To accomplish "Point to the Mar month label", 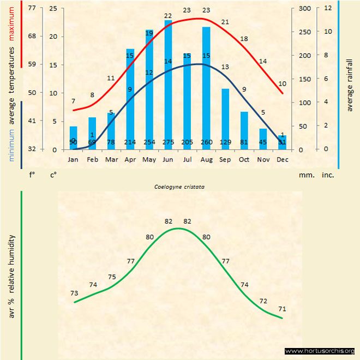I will point(111,159).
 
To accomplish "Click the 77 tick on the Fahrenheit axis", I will point(32,9).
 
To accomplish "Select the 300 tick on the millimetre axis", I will point(305,9).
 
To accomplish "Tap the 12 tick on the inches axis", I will point(328,9).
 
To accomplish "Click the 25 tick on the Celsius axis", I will point(53,9).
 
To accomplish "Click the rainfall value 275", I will point(168,142).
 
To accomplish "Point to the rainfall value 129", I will point(225,142).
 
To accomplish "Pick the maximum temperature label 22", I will point(168,16).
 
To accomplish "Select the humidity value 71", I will point(282,309).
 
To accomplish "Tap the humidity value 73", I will point(75,293).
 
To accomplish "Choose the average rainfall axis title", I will point(350,84).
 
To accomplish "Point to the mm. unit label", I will point(305,176).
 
